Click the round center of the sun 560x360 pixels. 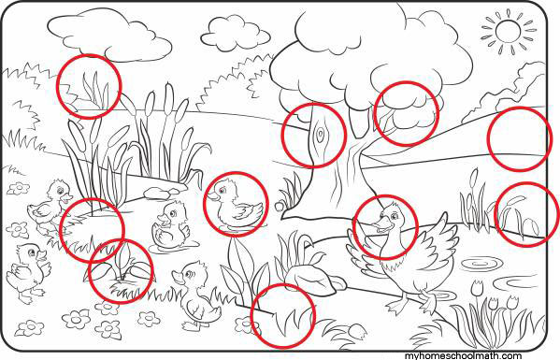[508, 31]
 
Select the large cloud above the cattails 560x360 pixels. [109, 33]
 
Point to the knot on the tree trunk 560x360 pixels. [321, 134]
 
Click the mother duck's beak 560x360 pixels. [380, 225]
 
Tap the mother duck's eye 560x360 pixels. [395, 216]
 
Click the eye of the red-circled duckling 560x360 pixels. [223, 190]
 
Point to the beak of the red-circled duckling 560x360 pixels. [212, 196]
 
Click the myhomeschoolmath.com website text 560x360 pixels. [463, 355]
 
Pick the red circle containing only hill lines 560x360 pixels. [519, 138]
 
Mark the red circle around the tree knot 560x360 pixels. [314, 136]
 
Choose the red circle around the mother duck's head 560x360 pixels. [385, 227]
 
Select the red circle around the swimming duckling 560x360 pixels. [236, 204]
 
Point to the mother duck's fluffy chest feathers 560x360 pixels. [391, 266]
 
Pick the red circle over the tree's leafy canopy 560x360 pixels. [407, 113]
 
